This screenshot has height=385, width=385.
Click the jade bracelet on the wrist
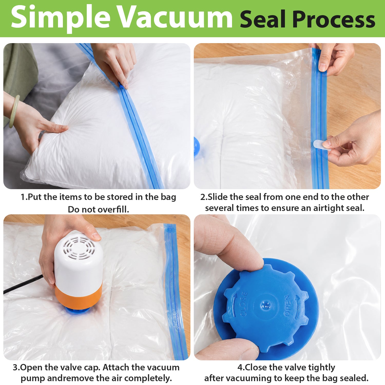point(14,111)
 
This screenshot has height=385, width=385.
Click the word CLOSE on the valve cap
point(244,304)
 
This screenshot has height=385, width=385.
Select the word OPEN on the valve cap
point(288,305)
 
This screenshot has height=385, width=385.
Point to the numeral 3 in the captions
point(15,367)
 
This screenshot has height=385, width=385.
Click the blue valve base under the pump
point(77,310)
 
